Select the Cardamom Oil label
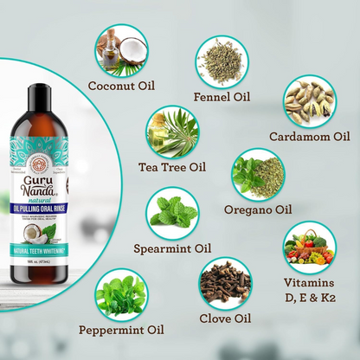pos(309,135)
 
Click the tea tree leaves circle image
pos(172,131)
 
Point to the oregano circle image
pos(257,174)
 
